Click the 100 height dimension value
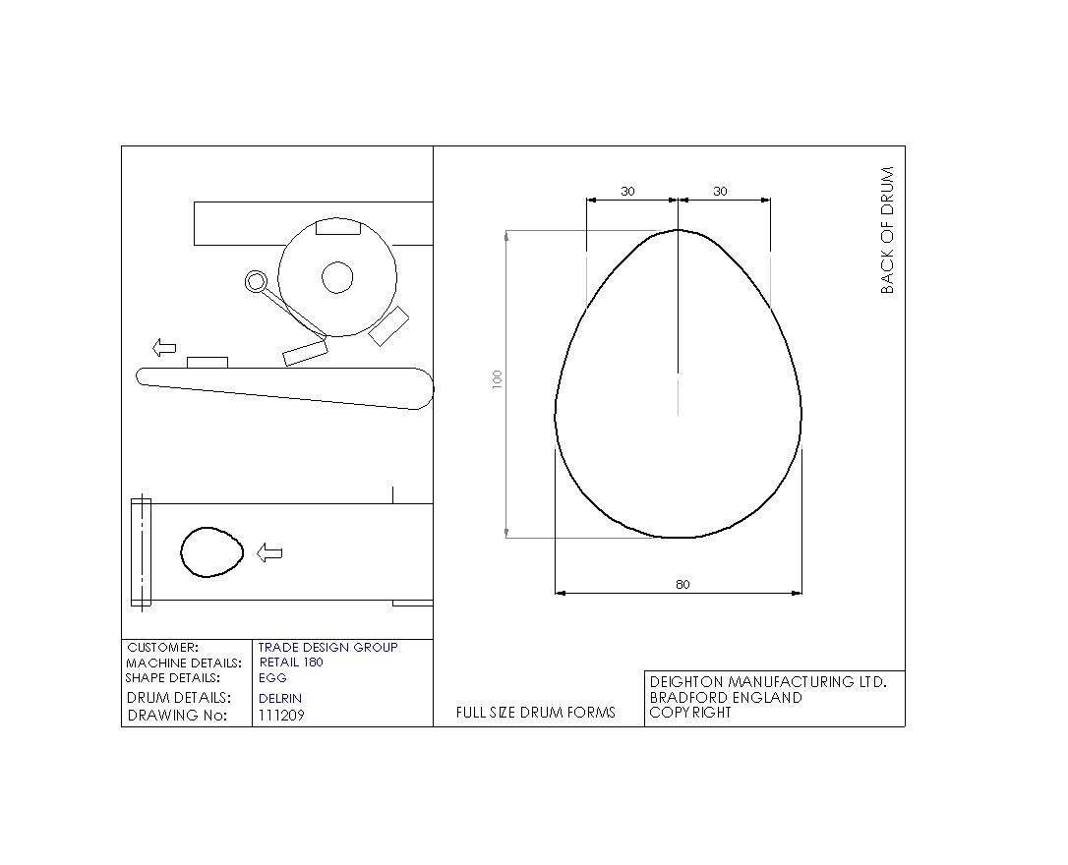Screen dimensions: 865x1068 point(498,378)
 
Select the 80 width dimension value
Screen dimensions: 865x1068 point(682,584)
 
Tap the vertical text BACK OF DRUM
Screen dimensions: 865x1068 point(887,230)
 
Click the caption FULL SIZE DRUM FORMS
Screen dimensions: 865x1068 point(536,713)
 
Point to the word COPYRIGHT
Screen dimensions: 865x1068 point(690,713)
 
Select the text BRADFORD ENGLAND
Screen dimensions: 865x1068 point(726,697)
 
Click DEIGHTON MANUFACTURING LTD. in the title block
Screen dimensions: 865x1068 point(768,681)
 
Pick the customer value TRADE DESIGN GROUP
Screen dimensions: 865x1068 point(327,647)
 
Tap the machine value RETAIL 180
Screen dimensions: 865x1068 point(291,662)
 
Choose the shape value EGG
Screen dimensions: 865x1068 point(272,677)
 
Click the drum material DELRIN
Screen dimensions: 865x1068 point(280,698)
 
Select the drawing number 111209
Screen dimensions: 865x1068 point(281,715)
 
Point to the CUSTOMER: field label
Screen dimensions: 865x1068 point(162,647)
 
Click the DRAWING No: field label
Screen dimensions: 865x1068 point(177,715)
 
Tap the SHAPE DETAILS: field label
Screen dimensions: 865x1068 point(173,677)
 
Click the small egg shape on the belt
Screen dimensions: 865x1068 point(211,552)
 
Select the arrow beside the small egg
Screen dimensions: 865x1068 point(269,552)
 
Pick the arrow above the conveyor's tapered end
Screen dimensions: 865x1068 point(164,347)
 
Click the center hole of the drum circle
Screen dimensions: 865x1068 point(337,277)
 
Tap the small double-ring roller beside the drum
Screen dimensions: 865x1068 point(256,282)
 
